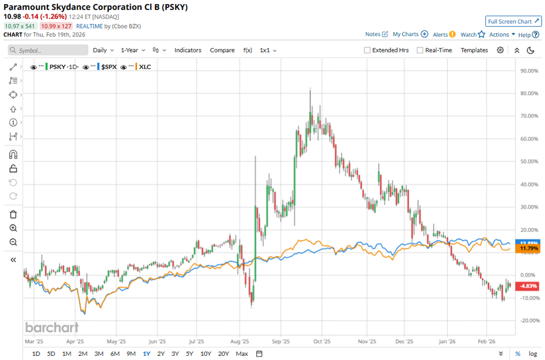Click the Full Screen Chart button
point(513,21)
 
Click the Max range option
point(242,354)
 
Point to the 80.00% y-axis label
point(527,94)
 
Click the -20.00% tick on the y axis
point(527,321)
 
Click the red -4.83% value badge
point(528,286)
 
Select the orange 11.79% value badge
point(528,249)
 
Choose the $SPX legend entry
point(108,67)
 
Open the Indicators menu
point(187,50)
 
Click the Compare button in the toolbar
point(222,50)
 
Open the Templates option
point(474,50)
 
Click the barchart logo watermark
point(52,328)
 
